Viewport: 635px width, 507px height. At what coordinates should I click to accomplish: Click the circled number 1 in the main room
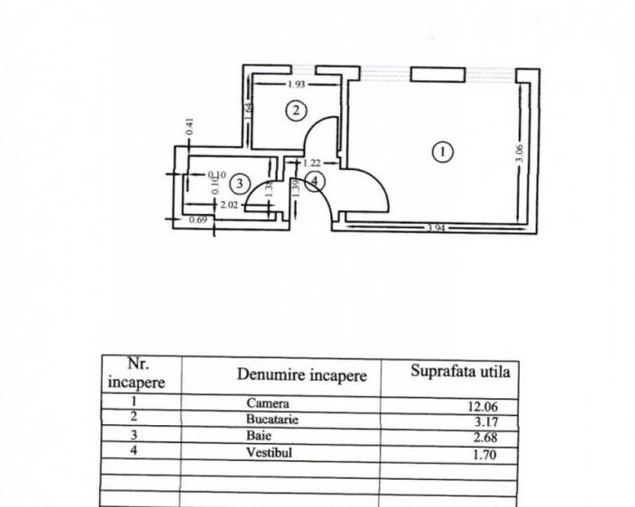pos(442,152)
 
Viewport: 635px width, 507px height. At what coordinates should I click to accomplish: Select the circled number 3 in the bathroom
pos(238,184)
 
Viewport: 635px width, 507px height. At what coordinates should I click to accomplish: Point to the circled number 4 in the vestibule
pos(313,181)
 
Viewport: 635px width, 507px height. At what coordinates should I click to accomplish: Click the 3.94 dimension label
pos(437,229)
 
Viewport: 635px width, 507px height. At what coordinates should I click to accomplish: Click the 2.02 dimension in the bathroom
pos(228,204)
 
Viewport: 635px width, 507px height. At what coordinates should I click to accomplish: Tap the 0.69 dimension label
pos(198,219)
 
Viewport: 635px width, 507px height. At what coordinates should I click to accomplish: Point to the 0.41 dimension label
pos(189,128)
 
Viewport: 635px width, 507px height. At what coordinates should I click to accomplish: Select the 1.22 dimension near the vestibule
pos(312,163)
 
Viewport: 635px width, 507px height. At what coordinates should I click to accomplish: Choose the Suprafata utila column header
pos(460,371)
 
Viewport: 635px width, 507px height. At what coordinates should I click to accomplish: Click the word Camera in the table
pos(267,403)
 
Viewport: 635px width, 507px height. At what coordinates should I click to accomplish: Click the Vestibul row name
pos(269,453)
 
